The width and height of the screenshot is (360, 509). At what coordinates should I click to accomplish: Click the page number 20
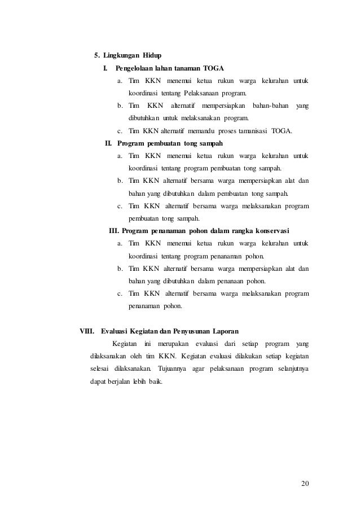pos(305,482)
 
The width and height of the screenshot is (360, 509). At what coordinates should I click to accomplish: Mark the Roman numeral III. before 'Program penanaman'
pos(113,230)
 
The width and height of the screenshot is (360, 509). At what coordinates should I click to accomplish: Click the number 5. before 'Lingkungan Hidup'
pos(96,55)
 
